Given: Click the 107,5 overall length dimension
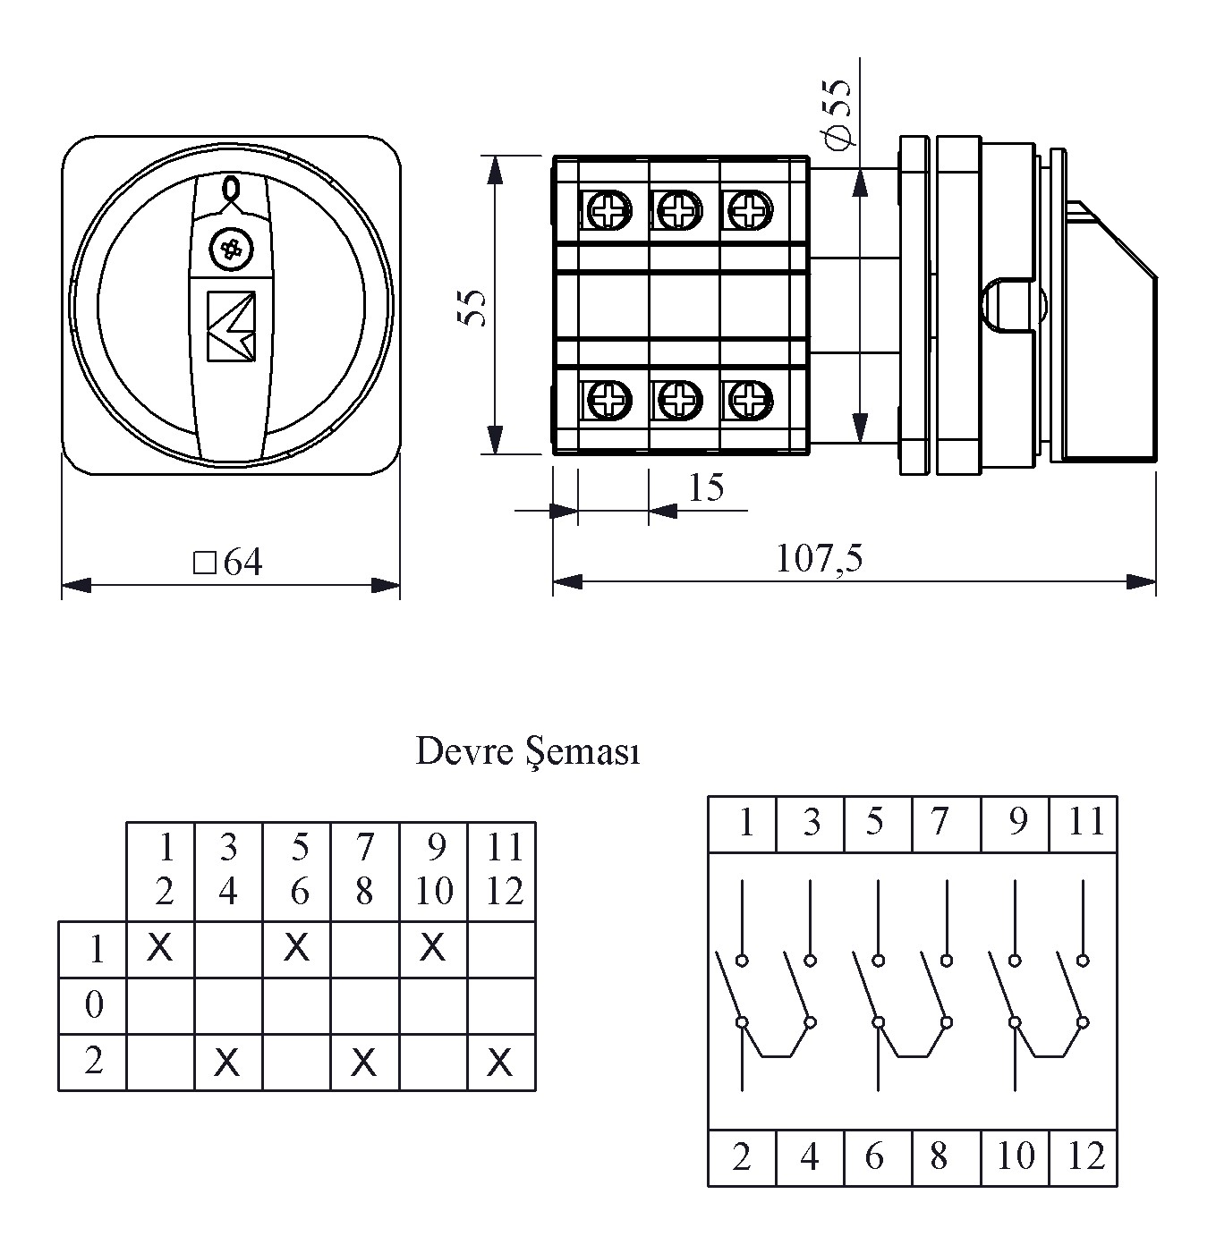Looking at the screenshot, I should tap(819, 559).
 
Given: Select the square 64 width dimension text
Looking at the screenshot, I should tap(229, 563).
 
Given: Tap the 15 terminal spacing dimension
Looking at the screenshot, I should tap(706, 487).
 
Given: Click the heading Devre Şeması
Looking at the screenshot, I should tap(528, 752).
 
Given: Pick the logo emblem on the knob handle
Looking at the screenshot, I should tap(231, 326).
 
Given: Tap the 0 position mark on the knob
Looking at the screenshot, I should tap(231, 189).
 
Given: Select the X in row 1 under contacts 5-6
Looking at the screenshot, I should tap(296, 946).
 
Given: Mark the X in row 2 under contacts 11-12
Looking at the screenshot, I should tap(501, 1063).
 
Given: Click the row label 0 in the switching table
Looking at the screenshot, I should tap(94, 1005).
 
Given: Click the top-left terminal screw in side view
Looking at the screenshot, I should tap(608, 212).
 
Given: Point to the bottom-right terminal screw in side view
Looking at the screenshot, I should tap(746, 399).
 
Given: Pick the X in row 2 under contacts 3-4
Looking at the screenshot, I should tap(228, 1063).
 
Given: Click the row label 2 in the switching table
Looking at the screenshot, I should tap(94, 1061).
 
